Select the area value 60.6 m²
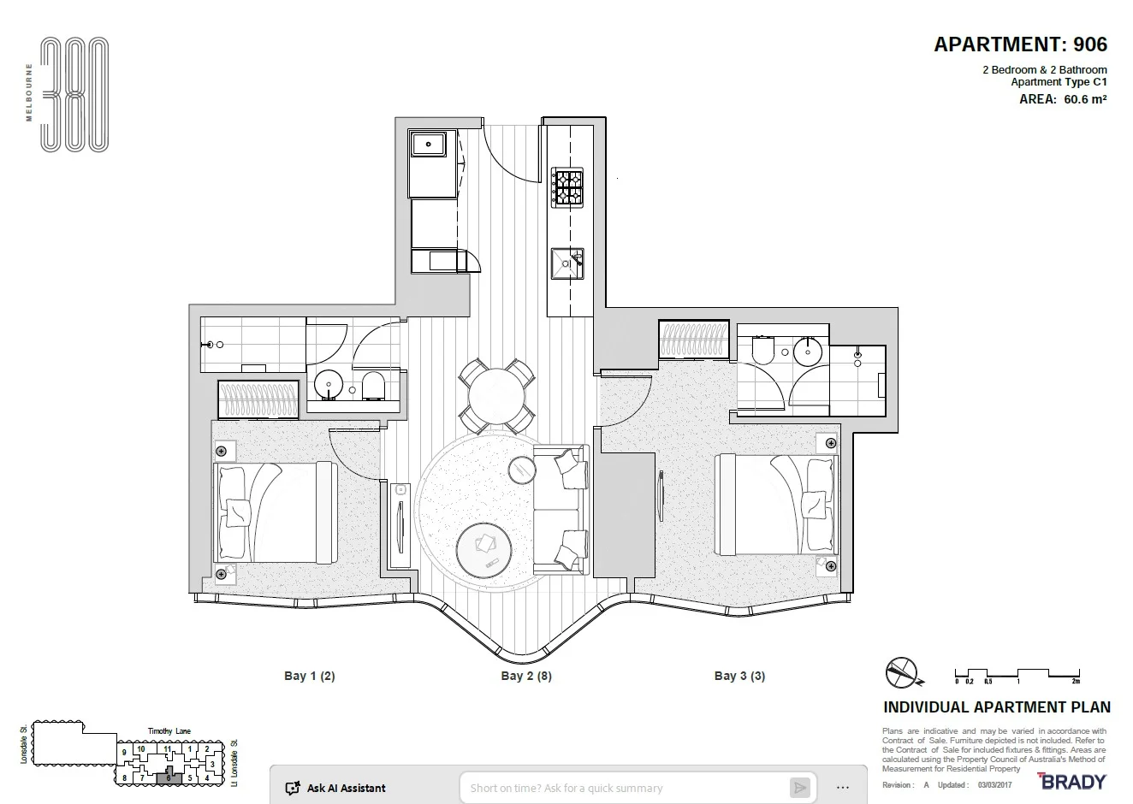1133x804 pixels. [1084, 99]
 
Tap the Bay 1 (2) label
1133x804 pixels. [309, 676]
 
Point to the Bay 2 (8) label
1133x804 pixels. [525, 676]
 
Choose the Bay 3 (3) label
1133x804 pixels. [739, 676]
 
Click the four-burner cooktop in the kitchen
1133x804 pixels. [567, 188]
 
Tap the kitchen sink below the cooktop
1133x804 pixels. [566, 263]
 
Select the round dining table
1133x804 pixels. [496, 396]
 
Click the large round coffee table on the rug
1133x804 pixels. [485, 550]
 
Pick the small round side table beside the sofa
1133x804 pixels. [522, 470]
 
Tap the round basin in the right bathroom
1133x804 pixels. [806, 350]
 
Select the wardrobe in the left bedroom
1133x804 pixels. [258, 399]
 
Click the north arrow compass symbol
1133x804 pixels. [902, 673]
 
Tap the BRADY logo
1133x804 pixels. [1071, 781]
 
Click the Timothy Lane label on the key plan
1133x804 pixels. [169, 731]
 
